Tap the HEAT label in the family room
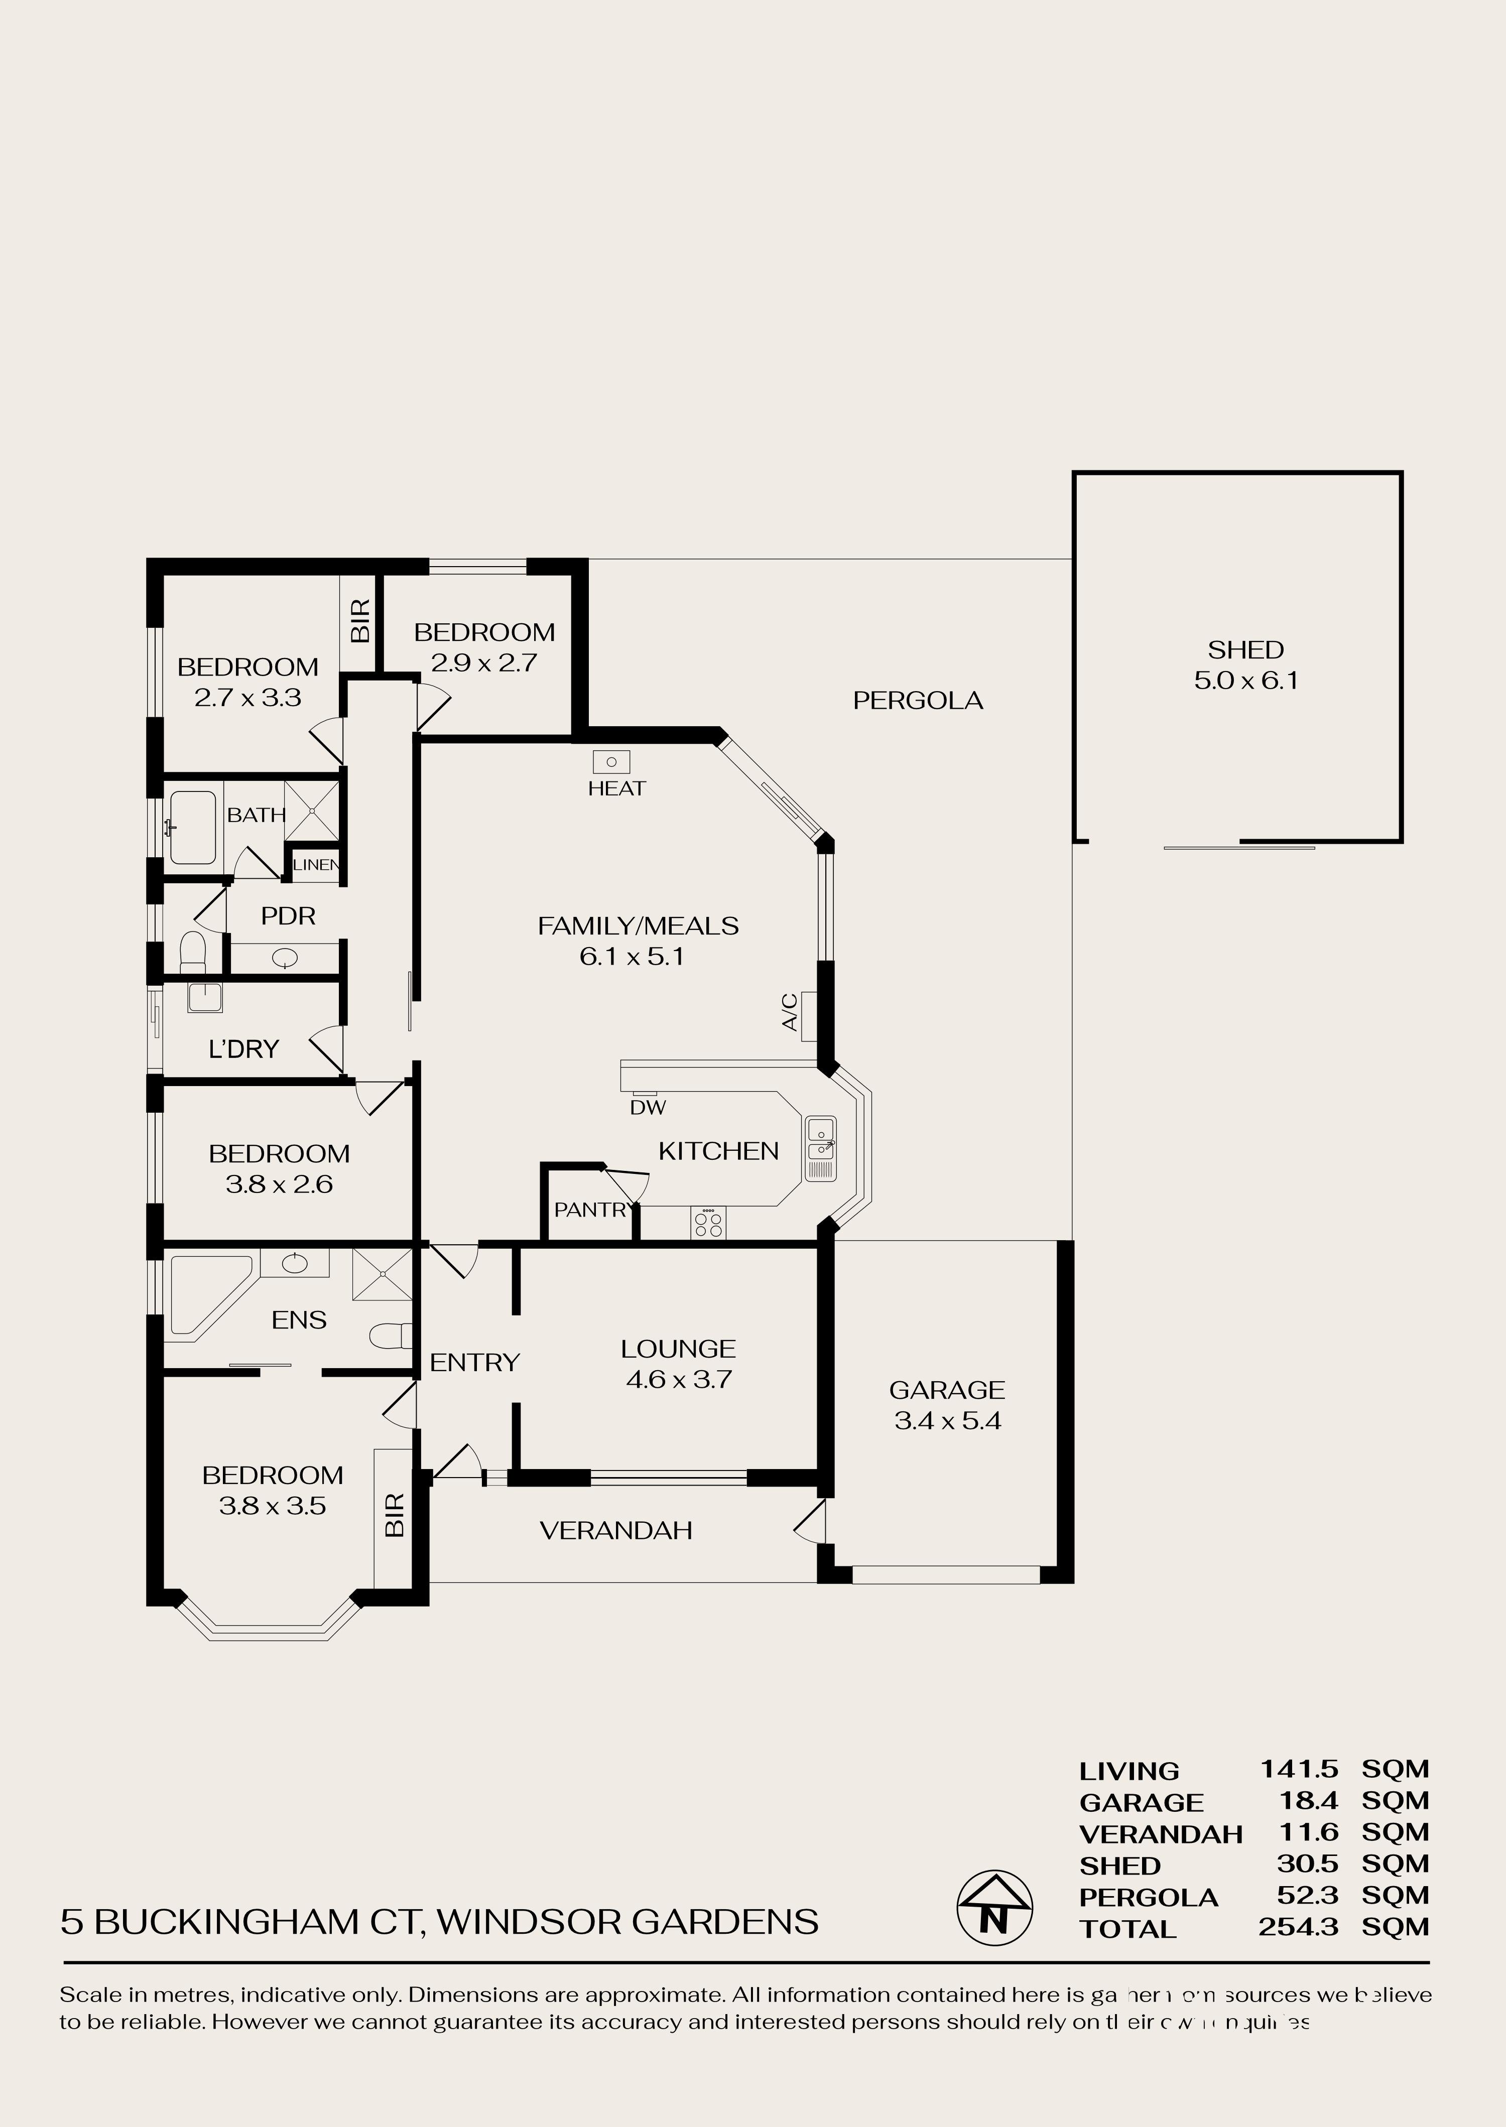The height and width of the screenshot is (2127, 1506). pyautogui.click(x=616, y=788)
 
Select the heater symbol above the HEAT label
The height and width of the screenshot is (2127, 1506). pyautogui.click(x=611, y=761)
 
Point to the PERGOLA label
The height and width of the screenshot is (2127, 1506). pyautogui.click(x=917, y=700)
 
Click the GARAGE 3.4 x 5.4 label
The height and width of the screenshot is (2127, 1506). pyautogui.click(x=947, y=1405)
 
